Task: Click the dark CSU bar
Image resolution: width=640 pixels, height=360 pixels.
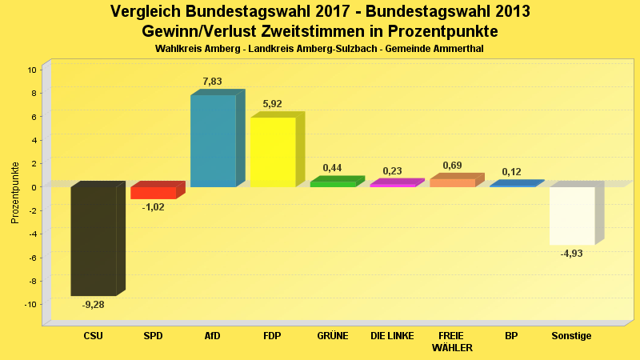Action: [94, 241]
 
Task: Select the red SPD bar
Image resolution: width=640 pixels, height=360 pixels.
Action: [153, 193]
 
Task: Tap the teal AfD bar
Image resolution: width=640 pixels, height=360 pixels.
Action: [213, 141]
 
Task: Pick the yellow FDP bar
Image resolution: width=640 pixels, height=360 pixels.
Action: [273, 152]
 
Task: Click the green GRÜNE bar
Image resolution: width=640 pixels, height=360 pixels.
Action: [332, 184]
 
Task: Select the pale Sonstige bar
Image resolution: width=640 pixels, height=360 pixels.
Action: [572, 215]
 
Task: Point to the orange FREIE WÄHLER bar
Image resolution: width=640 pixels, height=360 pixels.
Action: [452, 182]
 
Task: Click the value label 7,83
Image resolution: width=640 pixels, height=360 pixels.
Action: [213, 82]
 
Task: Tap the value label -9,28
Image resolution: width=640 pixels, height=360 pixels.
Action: [94, 305]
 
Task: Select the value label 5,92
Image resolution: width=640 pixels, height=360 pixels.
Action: [273, 104]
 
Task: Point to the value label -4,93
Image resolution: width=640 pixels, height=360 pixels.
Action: [572, 254]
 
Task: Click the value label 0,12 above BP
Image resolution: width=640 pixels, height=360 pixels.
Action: [512, 172]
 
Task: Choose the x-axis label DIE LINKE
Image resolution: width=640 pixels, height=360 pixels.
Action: [392, 336]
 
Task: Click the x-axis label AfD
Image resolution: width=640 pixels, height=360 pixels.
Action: [213, 336]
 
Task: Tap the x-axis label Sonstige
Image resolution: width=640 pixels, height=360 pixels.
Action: [572, 336]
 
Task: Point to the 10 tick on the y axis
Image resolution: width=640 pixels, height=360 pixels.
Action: [33, 70]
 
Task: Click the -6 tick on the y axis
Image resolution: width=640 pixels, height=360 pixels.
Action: [33, 258]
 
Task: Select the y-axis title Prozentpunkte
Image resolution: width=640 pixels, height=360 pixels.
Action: [15, 193]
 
